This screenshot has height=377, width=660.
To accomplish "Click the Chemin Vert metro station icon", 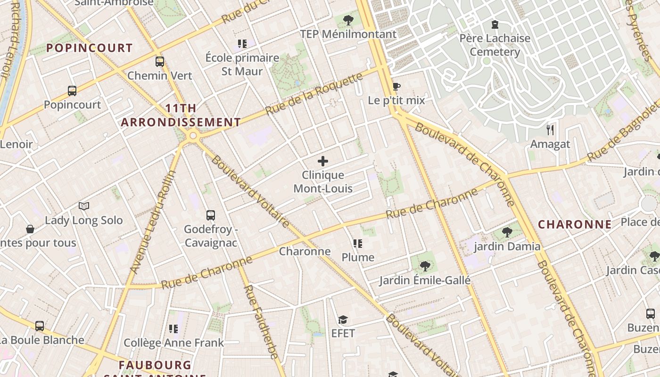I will [160, 61].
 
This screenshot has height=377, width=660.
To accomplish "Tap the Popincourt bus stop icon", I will [72, 90].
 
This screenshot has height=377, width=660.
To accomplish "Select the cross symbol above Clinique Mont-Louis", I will [323, 161].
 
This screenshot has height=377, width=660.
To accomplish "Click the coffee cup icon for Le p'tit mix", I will [396, 86].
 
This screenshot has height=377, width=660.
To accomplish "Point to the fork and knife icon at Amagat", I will [550, 130].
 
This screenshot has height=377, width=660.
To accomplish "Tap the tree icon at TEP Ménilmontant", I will [348, 20].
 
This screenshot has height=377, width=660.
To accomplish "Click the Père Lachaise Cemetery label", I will [495, 45].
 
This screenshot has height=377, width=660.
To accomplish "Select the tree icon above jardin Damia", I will [507, 232].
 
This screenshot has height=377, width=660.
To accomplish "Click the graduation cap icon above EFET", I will [343, 320].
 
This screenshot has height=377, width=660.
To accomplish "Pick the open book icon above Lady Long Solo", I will [84, 206].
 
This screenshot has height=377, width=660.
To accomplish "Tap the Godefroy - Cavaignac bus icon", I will [211, 215].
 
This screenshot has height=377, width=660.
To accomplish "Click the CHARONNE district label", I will [575, 225].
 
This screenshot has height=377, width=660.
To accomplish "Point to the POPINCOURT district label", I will [89, 48].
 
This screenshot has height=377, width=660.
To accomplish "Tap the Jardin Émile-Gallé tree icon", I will [425, 266].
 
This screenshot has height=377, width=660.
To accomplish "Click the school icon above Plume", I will [358, 244].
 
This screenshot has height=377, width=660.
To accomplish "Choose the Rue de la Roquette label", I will [314, 93].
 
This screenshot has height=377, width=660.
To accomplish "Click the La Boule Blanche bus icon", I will [40, 326].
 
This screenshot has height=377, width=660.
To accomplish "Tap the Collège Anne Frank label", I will [173, 343].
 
